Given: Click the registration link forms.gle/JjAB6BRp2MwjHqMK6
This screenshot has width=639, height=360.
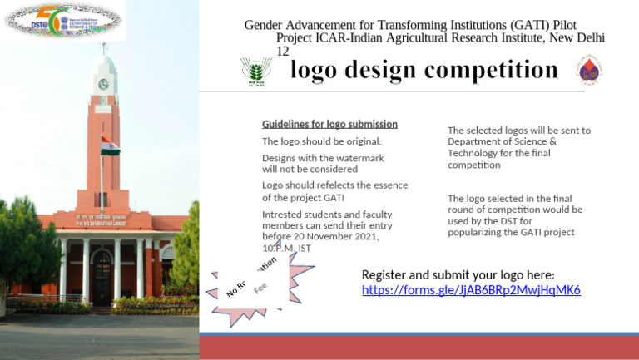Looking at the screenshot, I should click(x=471, y=290).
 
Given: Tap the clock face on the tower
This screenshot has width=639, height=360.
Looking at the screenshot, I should click(x=103, y=84).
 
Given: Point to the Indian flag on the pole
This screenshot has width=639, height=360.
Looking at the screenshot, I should click(x=110, y=145).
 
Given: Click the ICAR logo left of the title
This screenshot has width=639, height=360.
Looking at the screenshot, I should click(x=255, y=72).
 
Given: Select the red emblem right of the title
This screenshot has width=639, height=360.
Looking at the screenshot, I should click(x=589, y=72).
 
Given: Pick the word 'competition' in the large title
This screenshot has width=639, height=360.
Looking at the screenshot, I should click(x=489, y=70).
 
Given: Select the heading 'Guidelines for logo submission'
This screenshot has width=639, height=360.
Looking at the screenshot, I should click(x=329, y=124).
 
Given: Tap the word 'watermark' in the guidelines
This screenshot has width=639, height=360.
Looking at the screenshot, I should click(x=359, y=158).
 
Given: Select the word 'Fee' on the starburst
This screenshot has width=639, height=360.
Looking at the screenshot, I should click(x=260, y=288).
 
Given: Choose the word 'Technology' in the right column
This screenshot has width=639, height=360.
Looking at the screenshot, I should click(x=474, y=153).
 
